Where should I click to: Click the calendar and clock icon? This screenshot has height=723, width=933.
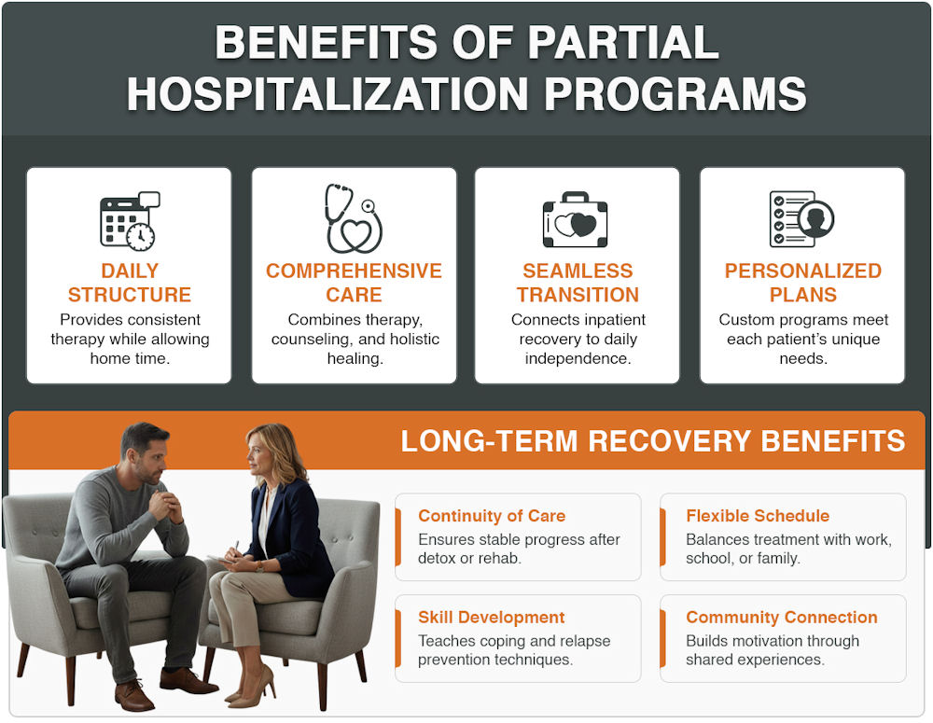click(129, 220)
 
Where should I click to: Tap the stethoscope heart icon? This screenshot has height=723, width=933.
click(353, 219)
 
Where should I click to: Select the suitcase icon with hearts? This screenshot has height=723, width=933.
click(576, 221)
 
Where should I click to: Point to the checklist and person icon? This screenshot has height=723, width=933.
click(801, 219)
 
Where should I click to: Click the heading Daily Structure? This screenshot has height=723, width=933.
click(129, 283)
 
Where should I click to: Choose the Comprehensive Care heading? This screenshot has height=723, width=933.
click(354, 283)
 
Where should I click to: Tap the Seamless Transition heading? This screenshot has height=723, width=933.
click(578, 283)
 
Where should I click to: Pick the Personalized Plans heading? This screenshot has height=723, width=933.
click(802, 283)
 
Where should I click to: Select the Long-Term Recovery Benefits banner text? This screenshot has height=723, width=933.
click(653, 441)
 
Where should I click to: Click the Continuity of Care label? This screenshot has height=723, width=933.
click(492, 516)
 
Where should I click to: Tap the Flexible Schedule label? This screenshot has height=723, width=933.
click(758, 516)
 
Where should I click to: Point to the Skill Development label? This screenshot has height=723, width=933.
click(492, 618)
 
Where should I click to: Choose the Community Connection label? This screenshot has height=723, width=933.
click(782, 618)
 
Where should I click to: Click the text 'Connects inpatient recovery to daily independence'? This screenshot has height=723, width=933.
click(578, 340)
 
